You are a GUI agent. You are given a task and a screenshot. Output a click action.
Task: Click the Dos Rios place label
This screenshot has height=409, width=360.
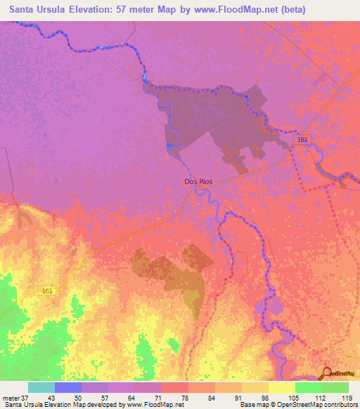click(198, 181)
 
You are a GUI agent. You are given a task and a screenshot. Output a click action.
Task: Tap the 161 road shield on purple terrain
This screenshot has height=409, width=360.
click(302, 141)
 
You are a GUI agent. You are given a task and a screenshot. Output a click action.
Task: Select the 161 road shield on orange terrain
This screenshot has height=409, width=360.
click(47, 290)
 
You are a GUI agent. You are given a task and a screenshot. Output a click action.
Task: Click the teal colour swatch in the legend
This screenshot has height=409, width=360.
click(41, 387)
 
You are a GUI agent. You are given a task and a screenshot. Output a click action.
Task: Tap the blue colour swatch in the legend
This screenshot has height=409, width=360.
click(67, 387)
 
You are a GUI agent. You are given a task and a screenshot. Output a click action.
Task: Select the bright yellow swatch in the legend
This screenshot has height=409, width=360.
click(281, 387)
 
